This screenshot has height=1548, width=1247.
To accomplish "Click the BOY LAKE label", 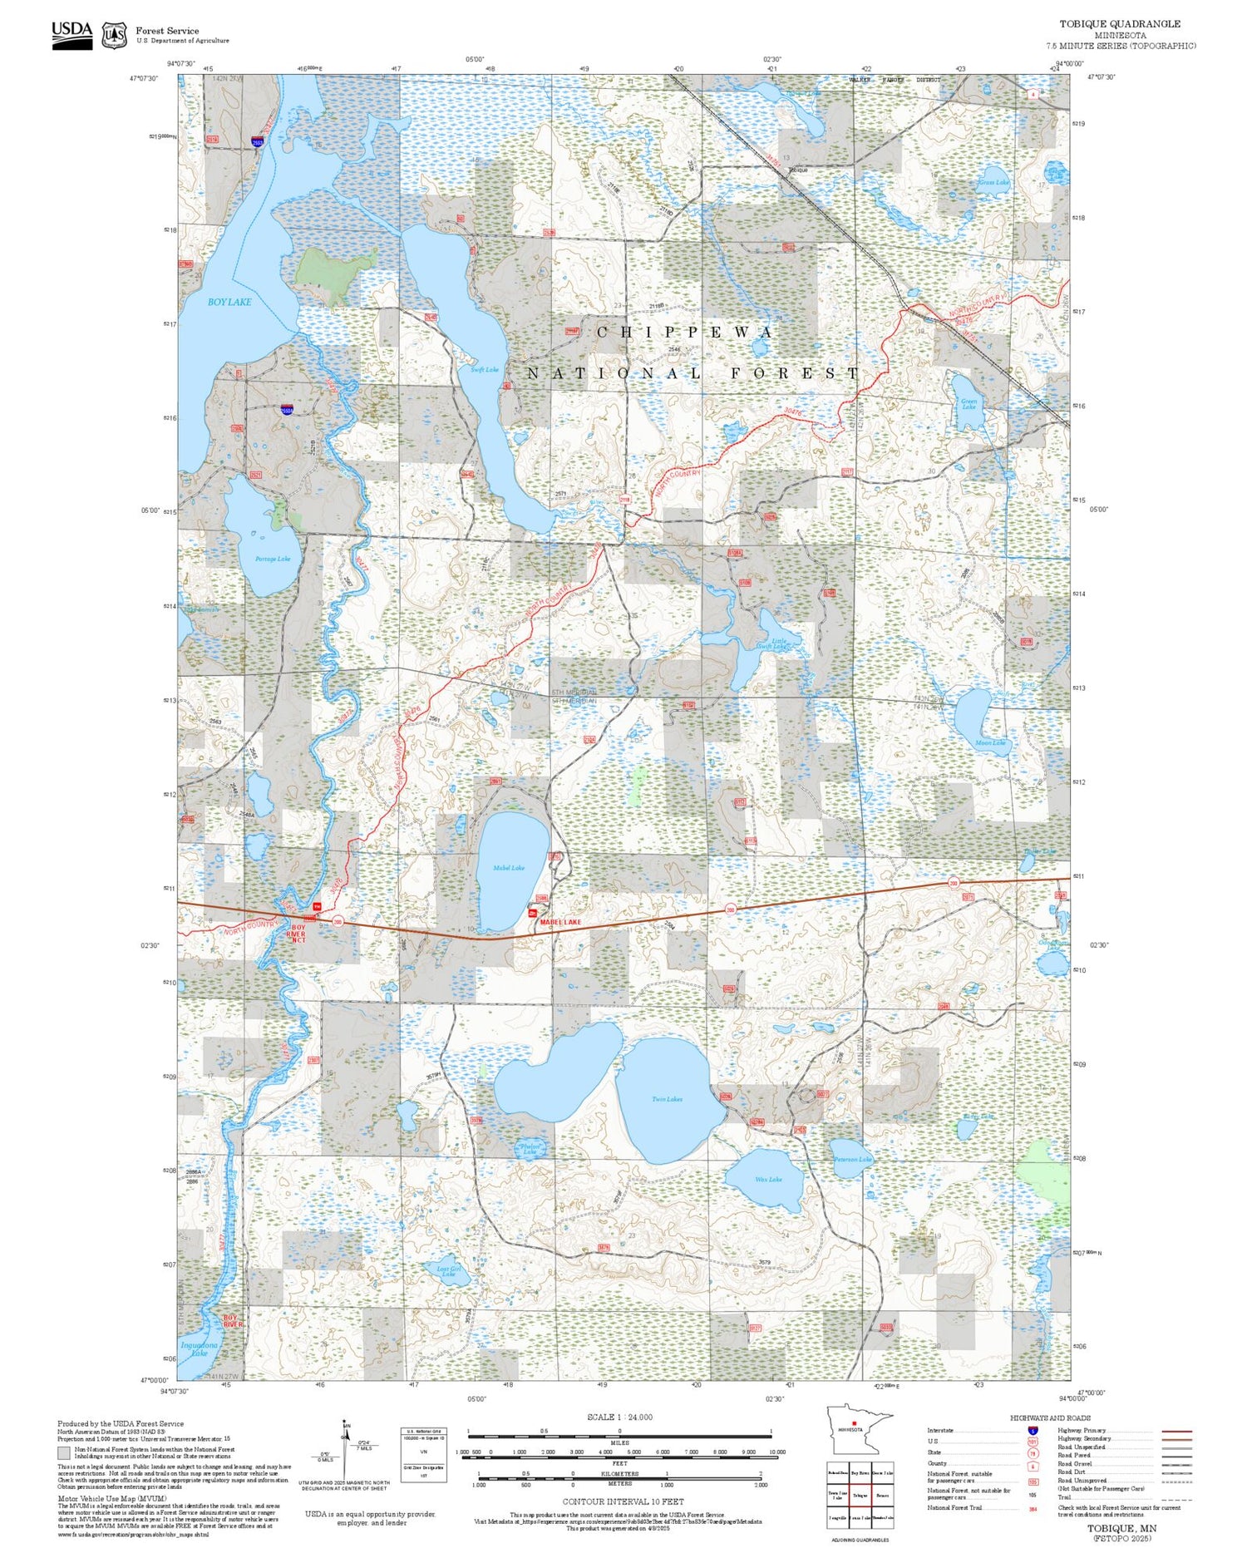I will pyautogui.click(x=229, y=302).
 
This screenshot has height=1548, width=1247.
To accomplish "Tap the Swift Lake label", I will pyautogui.click(x=484, y=369).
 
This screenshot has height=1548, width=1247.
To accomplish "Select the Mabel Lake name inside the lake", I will pyautogui.click(x=508, y=867).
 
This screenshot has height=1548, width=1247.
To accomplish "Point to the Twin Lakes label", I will pyautogui.click(x=667, y=1099).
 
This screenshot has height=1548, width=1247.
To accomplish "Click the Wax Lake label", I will pyautogui.click(x=768, y=1179).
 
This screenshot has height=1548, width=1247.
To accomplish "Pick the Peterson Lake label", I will pyautogui.click(x=853, y=1159).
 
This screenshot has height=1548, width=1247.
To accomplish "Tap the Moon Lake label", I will pyautogui.click(x=989, y=742).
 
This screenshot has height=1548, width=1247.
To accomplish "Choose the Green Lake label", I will pyautogui.click(x=969, y=404).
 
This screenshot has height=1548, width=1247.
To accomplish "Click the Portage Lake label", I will pyautogui.click(x=273, y=559).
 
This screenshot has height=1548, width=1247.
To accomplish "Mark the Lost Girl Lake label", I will pyautogui.click(x=449, y=1270).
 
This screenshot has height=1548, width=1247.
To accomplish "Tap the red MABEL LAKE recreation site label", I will pyautogui.click(x=560, y=922).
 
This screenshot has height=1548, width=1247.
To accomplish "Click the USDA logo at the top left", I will pyautogui.click(x=72, y=34).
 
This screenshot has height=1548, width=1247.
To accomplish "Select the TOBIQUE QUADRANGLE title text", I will pyautogui.click(x=1119, y=23).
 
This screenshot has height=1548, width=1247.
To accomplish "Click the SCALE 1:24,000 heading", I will pyautogui.click(x=619, y=1417).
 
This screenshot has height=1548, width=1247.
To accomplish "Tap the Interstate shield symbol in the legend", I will pyautogui.click(x=1033, y=1430).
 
